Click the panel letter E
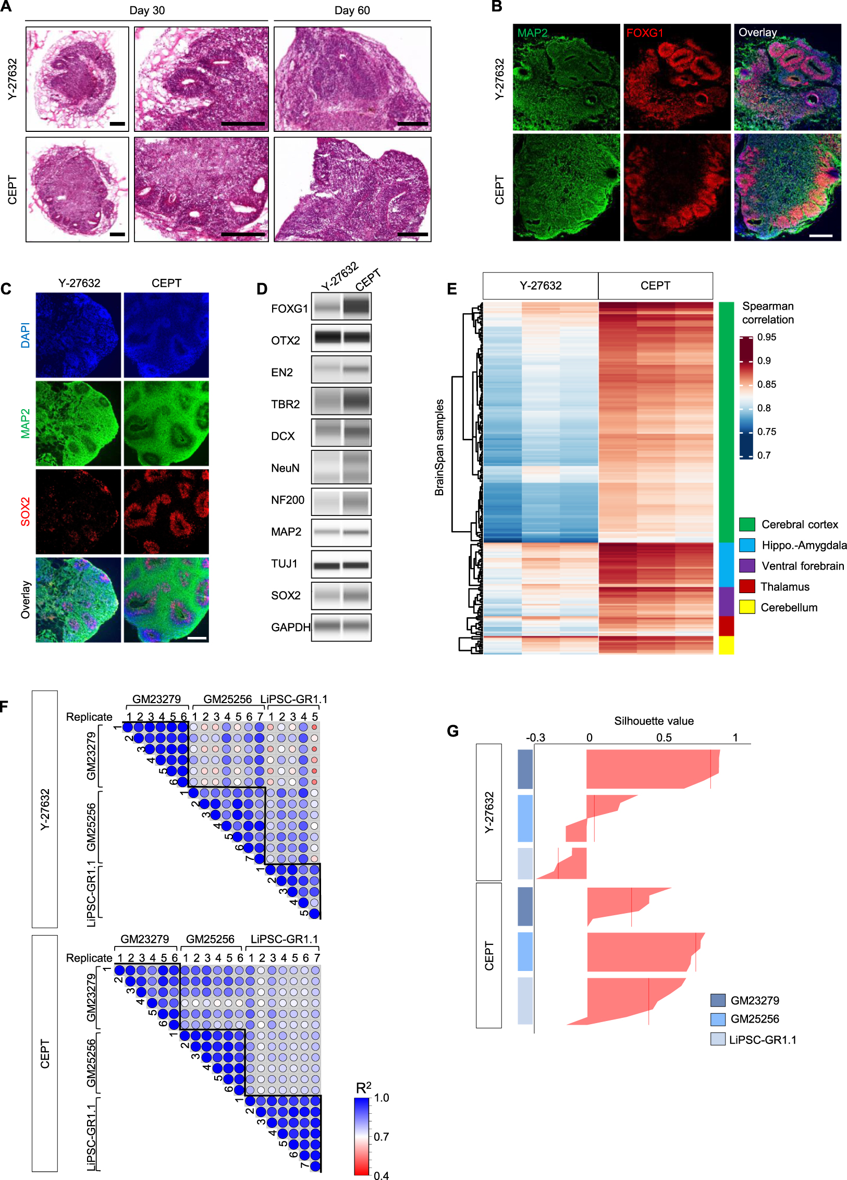[451, 289]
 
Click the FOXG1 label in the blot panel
[289, 309]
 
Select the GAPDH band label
[290, 627]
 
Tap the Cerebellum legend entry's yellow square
[747, 607]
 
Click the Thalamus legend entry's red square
[747, 586]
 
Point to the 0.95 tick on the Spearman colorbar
[766, 337]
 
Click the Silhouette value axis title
[654, 721]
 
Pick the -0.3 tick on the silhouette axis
[535, 737]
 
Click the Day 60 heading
[352, 10]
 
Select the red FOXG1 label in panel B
[644, 33]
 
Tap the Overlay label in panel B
[757, 32]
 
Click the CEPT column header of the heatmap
[655, 286]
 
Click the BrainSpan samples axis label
[439, 447]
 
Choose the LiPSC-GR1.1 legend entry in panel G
[762, 1040]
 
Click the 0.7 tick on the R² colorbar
[382, 1137]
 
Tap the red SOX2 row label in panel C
[25, 511]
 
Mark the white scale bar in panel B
[821, 236]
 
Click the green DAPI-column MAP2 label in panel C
[25, 423]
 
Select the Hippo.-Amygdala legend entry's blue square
[747, 545]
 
